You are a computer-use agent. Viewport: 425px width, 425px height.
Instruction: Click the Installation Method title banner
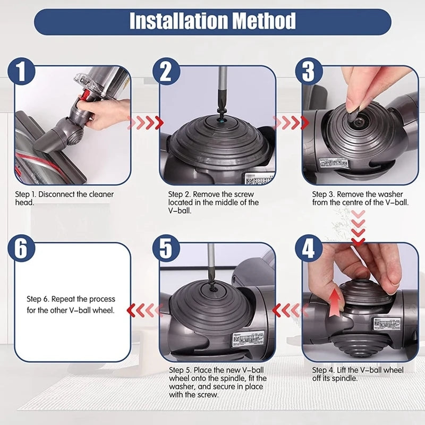click(212, 22)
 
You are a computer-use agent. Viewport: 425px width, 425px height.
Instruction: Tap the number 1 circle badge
click(21, 72)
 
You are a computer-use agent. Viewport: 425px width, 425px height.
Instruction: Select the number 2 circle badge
click(166, 72)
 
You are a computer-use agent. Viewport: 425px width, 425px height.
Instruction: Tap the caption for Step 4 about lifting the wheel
click(357, 374)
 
